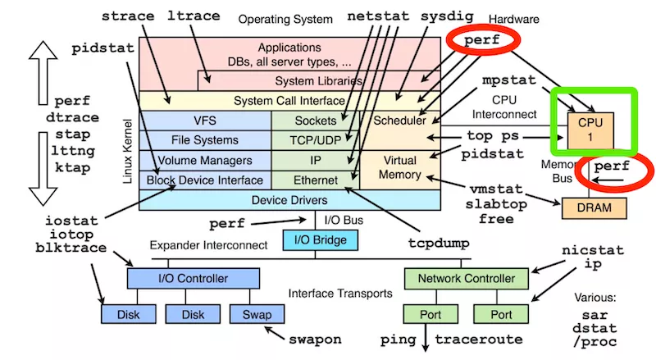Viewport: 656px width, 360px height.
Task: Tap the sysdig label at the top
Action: coord(447,16)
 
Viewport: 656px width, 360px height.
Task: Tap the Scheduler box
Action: coord(399,121)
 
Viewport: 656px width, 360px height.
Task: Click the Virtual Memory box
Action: coord(401,167)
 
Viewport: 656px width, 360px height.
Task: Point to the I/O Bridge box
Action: coord(320,240)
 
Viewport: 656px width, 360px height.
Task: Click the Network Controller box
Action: coord(467,279)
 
